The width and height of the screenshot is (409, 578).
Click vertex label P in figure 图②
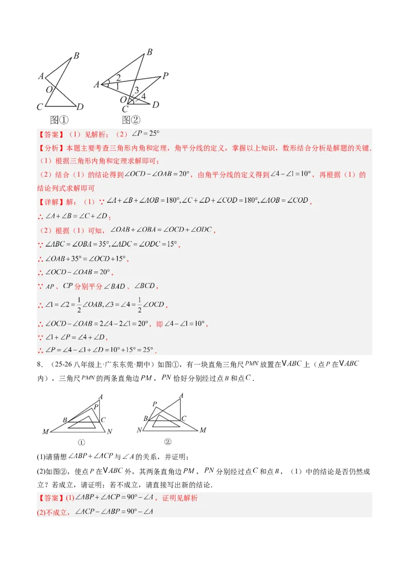165,76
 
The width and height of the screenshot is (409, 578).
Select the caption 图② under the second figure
131,120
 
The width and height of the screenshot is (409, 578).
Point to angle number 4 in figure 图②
143,96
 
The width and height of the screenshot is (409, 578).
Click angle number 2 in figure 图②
118,78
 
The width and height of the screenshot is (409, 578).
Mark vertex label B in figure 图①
76,56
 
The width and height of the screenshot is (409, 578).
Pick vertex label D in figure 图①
80,107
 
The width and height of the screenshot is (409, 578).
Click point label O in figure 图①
49,90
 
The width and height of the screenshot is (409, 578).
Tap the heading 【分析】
49,149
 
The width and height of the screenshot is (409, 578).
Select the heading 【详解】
49,201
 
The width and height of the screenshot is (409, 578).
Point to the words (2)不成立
53,512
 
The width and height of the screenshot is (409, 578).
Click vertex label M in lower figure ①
46,432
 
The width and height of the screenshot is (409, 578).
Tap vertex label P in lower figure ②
154,404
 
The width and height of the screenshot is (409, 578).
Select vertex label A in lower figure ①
101,397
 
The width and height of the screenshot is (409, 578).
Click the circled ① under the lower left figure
81,443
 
